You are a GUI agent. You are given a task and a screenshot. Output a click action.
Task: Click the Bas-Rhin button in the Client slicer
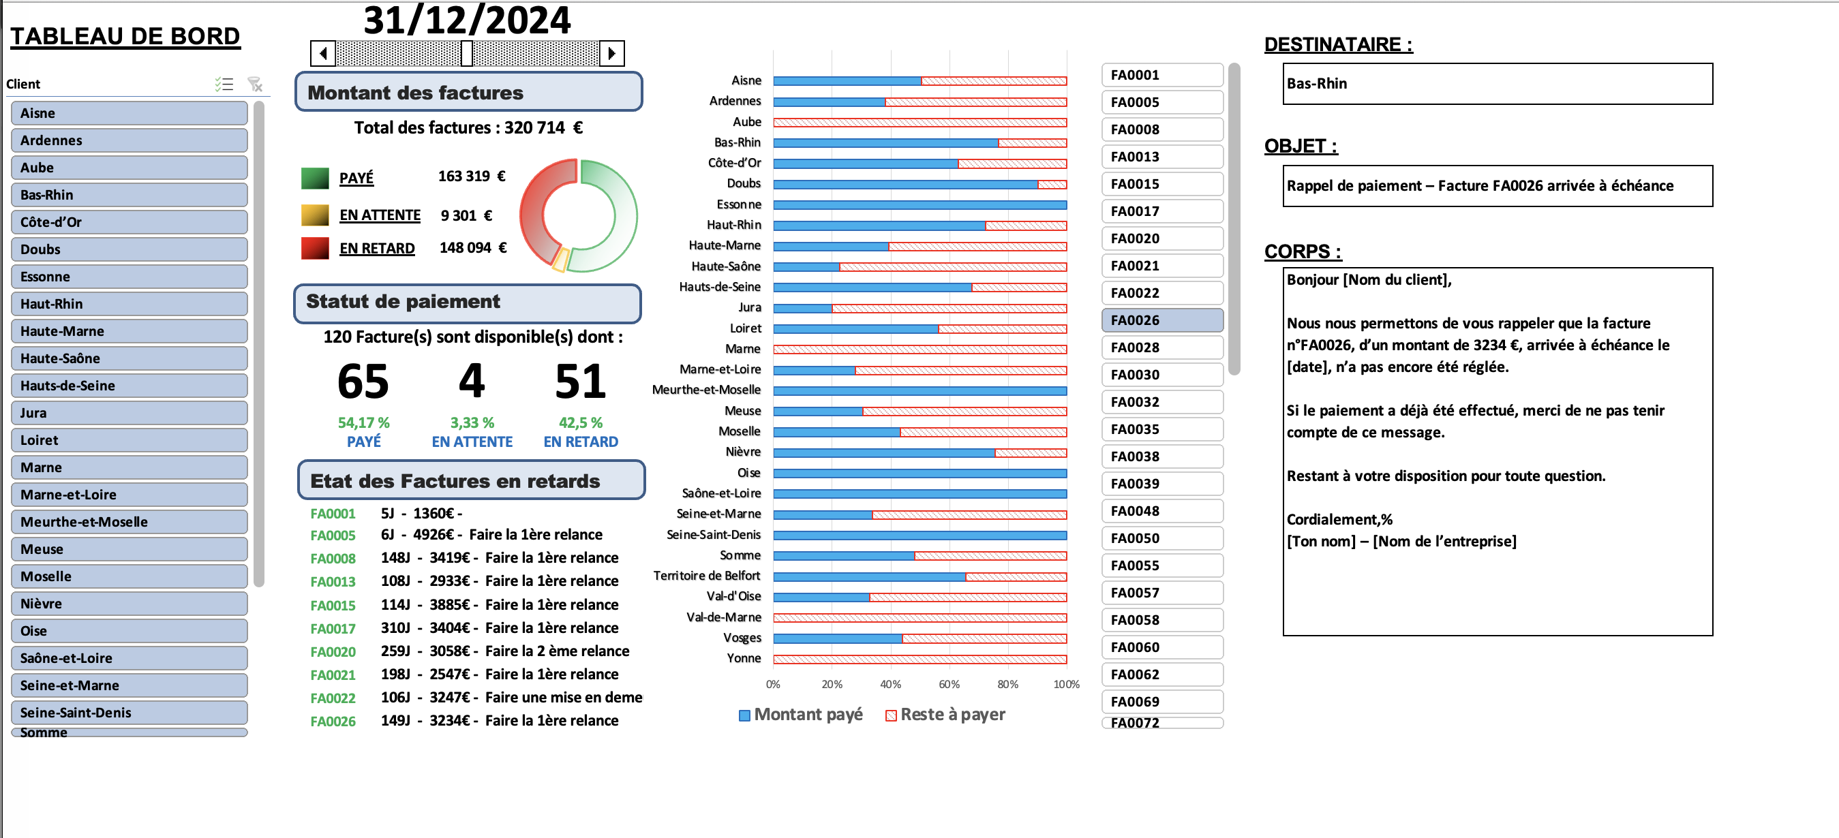point(129,195)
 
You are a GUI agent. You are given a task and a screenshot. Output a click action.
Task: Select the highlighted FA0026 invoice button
point(1161,320)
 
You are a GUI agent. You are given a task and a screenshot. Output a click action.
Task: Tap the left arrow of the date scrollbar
point(323,54)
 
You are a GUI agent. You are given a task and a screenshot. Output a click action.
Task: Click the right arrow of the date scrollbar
point(612,54)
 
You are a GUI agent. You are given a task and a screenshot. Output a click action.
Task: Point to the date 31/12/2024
point(467,20)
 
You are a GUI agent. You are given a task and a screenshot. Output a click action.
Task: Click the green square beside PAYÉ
point(315,178)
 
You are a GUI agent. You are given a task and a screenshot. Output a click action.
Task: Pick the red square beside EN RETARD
point(315,248)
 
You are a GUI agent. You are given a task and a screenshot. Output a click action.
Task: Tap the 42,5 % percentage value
point(581,422)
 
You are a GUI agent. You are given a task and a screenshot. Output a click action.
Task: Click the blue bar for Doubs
point(905,184)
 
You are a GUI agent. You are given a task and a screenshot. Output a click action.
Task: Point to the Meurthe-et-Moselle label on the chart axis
point(706,390)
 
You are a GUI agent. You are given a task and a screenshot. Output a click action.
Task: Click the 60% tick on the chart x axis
point(949,684)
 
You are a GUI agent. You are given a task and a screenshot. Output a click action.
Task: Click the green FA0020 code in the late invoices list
point(333,652)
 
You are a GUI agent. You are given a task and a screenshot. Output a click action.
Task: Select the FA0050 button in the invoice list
point(1161,538)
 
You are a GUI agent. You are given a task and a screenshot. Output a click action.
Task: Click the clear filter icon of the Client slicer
point(255,84)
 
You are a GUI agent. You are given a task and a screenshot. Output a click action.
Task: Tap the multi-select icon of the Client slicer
point(224,84)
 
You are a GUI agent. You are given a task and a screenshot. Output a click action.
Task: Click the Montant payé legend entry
point(800,715)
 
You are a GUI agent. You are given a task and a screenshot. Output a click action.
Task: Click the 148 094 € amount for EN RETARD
point(472,248)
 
